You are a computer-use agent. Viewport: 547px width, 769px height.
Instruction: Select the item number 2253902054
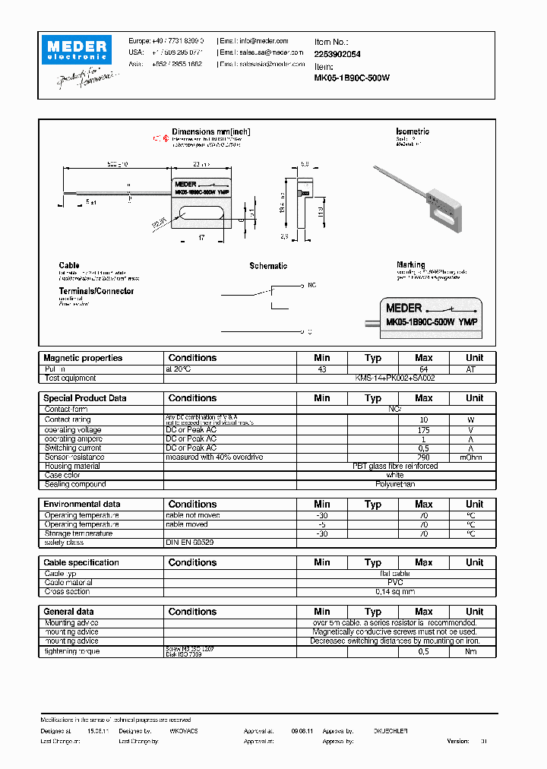click(337, 54)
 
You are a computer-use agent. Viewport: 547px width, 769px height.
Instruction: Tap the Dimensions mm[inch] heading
click(211, 132)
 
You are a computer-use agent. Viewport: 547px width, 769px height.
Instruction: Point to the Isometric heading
click(413, 132)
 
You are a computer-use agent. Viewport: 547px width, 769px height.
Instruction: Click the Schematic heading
click(268, 266)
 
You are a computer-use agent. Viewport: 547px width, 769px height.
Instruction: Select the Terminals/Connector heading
click(96, 291)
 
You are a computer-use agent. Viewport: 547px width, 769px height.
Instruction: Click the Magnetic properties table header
click(83, 358)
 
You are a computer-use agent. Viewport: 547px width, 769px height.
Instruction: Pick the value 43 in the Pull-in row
click(322, 369)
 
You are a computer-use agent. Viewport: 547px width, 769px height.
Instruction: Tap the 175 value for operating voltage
click(424, 430)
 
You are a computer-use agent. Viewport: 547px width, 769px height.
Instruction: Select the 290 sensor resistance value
click(424, 457)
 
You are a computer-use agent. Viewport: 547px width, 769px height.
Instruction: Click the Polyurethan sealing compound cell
click(395, 484)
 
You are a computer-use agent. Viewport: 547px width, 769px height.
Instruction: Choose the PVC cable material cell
click(395, 582)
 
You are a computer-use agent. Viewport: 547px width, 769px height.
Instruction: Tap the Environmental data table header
click(82, 505)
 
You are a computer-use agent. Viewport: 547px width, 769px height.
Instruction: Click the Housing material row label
click(72, 466)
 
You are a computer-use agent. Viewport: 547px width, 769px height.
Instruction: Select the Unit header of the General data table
click(474, 612)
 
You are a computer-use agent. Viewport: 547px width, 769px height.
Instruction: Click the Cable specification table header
click(81, 563)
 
